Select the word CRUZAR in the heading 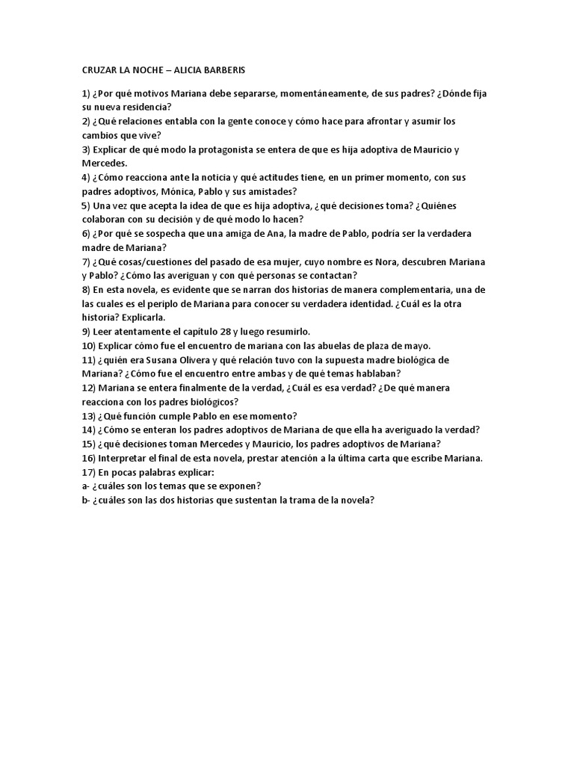(x=100, y=70)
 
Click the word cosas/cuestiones (x=164, y=261)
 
